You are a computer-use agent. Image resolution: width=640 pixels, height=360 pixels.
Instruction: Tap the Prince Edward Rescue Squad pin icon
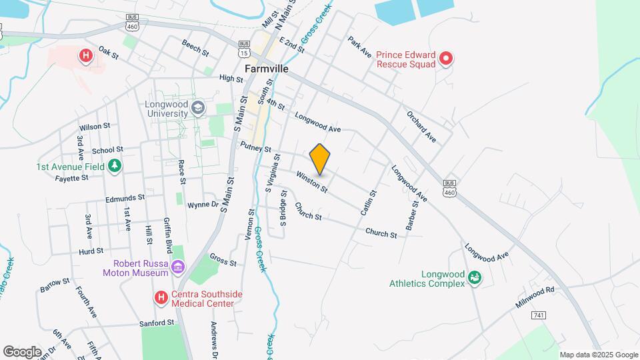click(x=447, y=59)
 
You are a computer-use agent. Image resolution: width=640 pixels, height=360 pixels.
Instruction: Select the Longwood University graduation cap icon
click(x=198, y=108)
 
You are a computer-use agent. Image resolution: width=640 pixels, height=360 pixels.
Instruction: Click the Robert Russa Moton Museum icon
click(x=177, y=267)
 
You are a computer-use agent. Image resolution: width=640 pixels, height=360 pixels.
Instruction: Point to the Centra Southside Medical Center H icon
click(x=161, y=298)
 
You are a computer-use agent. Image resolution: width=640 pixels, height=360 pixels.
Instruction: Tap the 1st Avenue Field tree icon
click(x=115, y=165)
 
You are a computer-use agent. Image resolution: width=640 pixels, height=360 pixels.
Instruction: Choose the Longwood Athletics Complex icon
click(x=475, y=277)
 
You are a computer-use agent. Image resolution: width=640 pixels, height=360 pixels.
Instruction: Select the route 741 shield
click(x=539, y=315)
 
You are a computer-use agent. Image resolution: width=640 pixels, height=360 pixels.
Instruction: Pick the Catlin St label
click(x=369, y=203)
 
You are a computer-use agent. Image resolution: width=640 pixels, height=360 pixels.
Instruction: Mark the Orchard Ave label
click(x=421, y=125)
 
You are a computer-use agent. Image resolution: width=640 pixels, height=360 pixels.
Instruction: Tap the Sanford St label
click(x=157, y=322)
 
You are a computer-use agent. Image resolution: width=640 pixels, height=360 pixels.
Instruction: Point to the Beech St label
click(x=195, y=47)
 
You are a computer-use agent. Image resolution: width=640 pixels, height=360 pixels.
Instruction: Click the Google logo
click(x=23, y=351)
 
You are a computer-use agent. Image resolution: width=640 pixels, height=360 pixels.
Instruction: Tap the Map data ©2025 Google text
click(x=599, y=355)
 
